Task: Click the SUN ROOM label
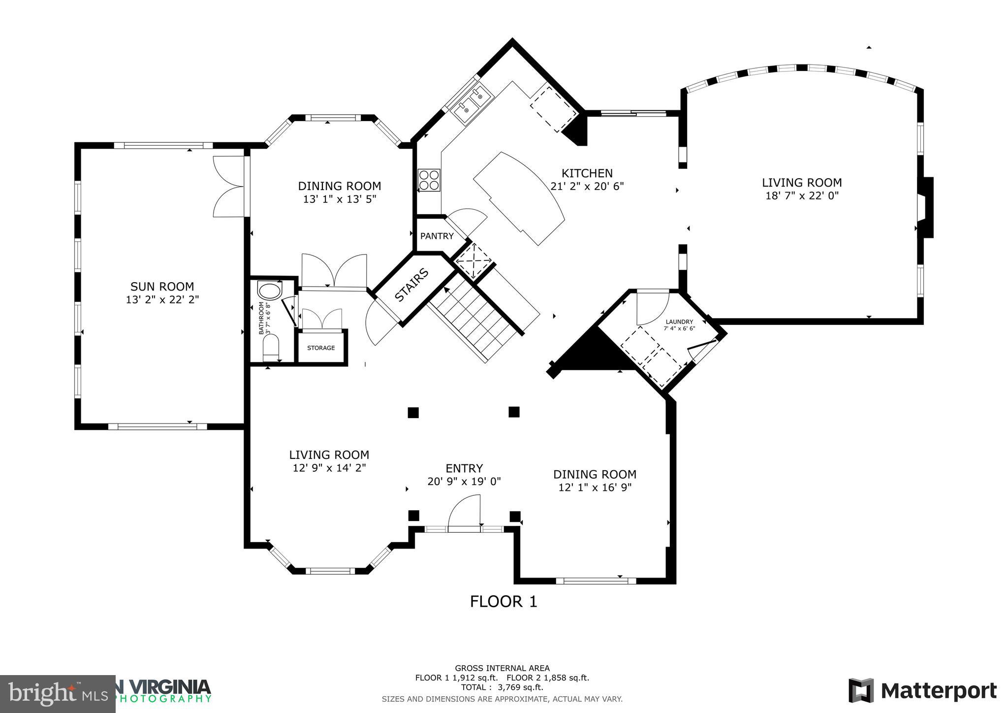point(162,286)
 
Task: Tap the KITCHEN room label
point(587,173)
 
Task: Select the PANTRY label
point(437,236)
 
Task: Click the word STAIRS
point(411,285)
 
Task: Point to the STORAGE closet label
point(321,348)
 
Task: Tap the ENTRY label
point(464,468)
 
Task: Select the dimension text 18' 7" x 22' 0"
point(801,196)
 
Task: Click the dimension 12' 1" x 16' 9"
point(595,487)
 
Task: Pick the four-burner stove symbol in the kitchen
point(429,180)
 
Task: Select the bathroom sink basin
point(269,291)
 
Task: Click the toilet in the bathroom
point(271,348)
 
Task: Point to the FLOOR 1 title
point(503,602)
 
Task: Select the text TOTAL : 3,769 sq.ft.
point(502,687)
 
